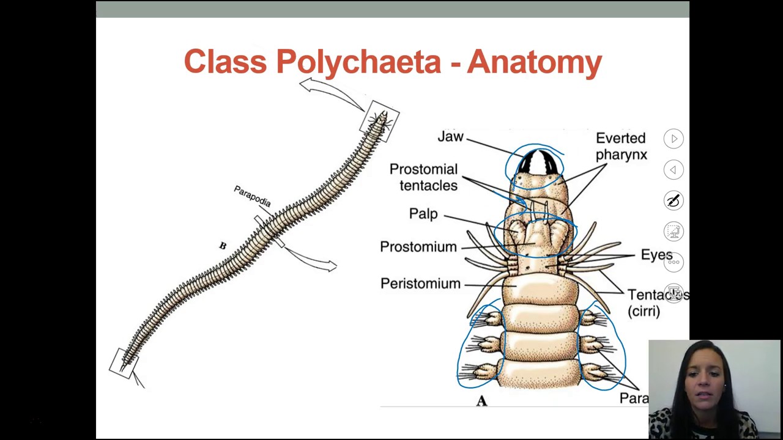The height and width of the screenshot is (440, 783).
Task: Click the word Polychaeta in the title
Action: click(x=358, y=62)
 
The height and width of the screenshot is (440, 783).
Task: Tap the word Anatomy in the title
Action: click(x=535, y=62)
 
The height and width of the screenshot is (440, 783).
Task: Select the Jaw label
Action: click(x=450, y=137)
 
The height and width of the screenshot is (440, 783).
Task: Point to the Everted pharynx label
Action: click(x=620, y=147)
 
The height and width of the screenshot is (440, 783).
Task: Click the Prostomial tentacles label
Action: click(x=423, y=177)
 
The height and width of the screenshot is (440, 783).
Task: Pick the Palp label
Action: click(x=423, y=214)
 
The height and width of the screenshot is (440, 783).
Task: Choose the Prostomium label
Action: click(x=418, y=247)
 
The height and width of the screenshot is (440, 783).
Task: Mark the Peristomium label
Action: click(x=420, y=284)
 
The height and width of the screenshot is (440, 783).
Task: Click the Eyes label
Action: click(x=656, y=255)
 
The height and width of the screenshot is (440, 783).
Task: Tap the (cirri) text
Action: click(x=644, y=311)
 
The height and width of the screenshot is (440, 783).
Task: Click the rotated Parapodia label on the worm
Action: click(x=252, y=196)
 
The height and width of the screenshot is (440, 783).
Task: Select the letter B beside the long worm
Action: click(x=223, y=246)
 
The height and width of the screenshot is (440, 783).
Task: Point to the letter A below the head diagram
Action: click(x=481, y=401)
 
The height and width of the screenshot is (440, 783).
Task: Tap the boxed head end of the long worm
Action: click(x=380, y=120)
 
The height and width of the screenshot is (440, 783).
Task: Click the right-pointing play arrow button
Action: click(x=674, y=139)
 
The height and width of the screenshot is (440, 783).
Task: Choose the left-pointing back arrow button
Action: click(x=674, y=170)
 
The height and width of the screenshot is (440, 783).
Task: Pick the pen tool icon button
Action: click(x=674, y=200)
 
